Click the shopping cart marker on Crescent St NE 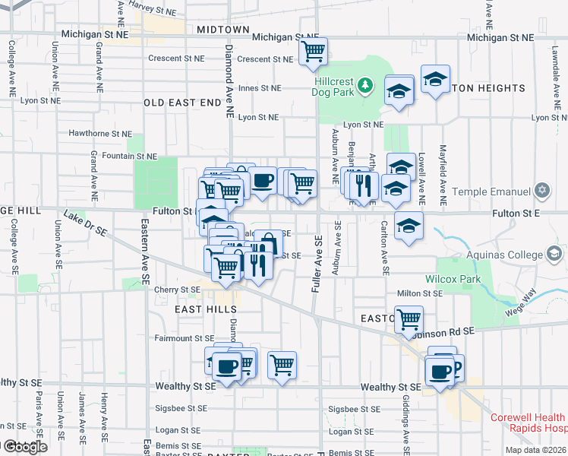point(312,52)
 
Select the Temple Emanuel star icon point(541,191)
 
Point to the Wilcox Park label point(460,279)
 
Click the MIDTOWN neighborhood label point(222,30)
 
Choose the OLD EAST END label point(181,103)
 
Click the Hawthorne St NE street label point(100,133)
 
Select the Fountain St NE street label point(130,156)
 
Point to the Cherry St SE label point(176,290)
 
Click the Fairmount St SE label point(185,338)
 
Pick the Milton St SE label point(419,293)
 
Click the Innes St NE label point(259,88)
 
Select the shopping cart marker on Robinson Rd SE point(409,318)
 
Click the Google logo point(24,447)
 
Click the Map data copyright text point(536,450)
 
